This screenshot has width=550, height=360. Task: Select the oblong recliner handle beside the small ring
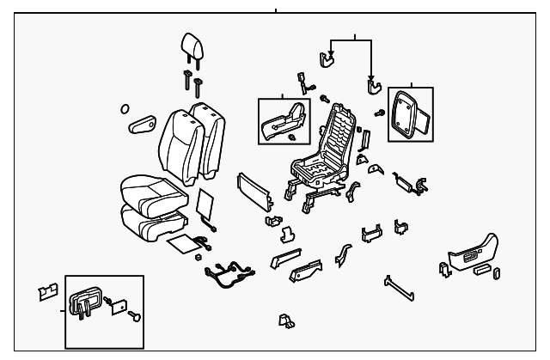point(143,126)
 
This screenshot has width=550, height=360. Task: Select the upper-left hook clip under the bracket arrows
point(327,58)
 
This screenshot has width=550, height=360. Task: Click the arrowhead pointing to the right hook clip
point(372,77)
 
